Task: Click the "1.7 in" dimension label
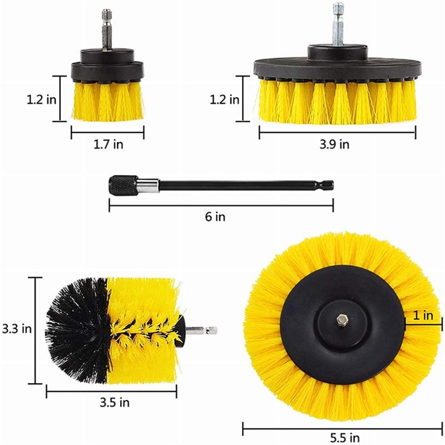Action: click(107, 145)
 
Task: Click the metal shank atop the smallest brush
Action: click(106, 31)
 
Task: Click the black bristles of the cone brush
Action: click(75, 328)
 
